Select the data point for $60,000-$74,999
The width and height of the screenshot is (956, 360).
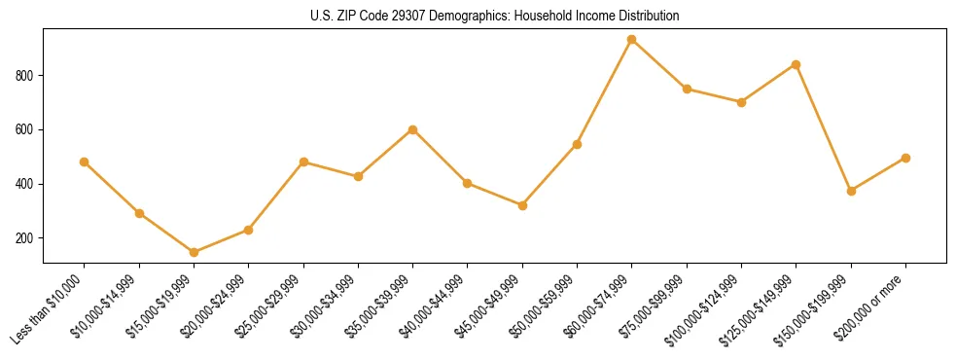[632, 40]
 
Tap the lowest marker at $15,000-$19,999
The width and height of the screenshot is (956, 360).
[194, 252]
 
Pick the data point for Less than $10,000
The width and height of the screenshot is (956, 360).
[84, 162]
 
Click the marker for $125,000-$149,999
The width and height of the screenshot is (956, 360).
[797, 64]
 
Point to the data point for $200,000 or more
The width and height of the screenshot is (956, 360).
[905, 158]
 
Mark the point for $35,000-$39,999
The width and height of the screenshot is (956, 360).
[412, 129]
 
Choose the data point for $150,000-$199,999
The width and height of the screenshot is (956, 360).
[851, 191]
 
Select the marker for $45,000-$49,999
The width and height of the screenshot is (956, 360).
[522, 205]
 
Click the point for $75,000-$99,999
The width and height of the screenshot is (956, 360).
[687, 89]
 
